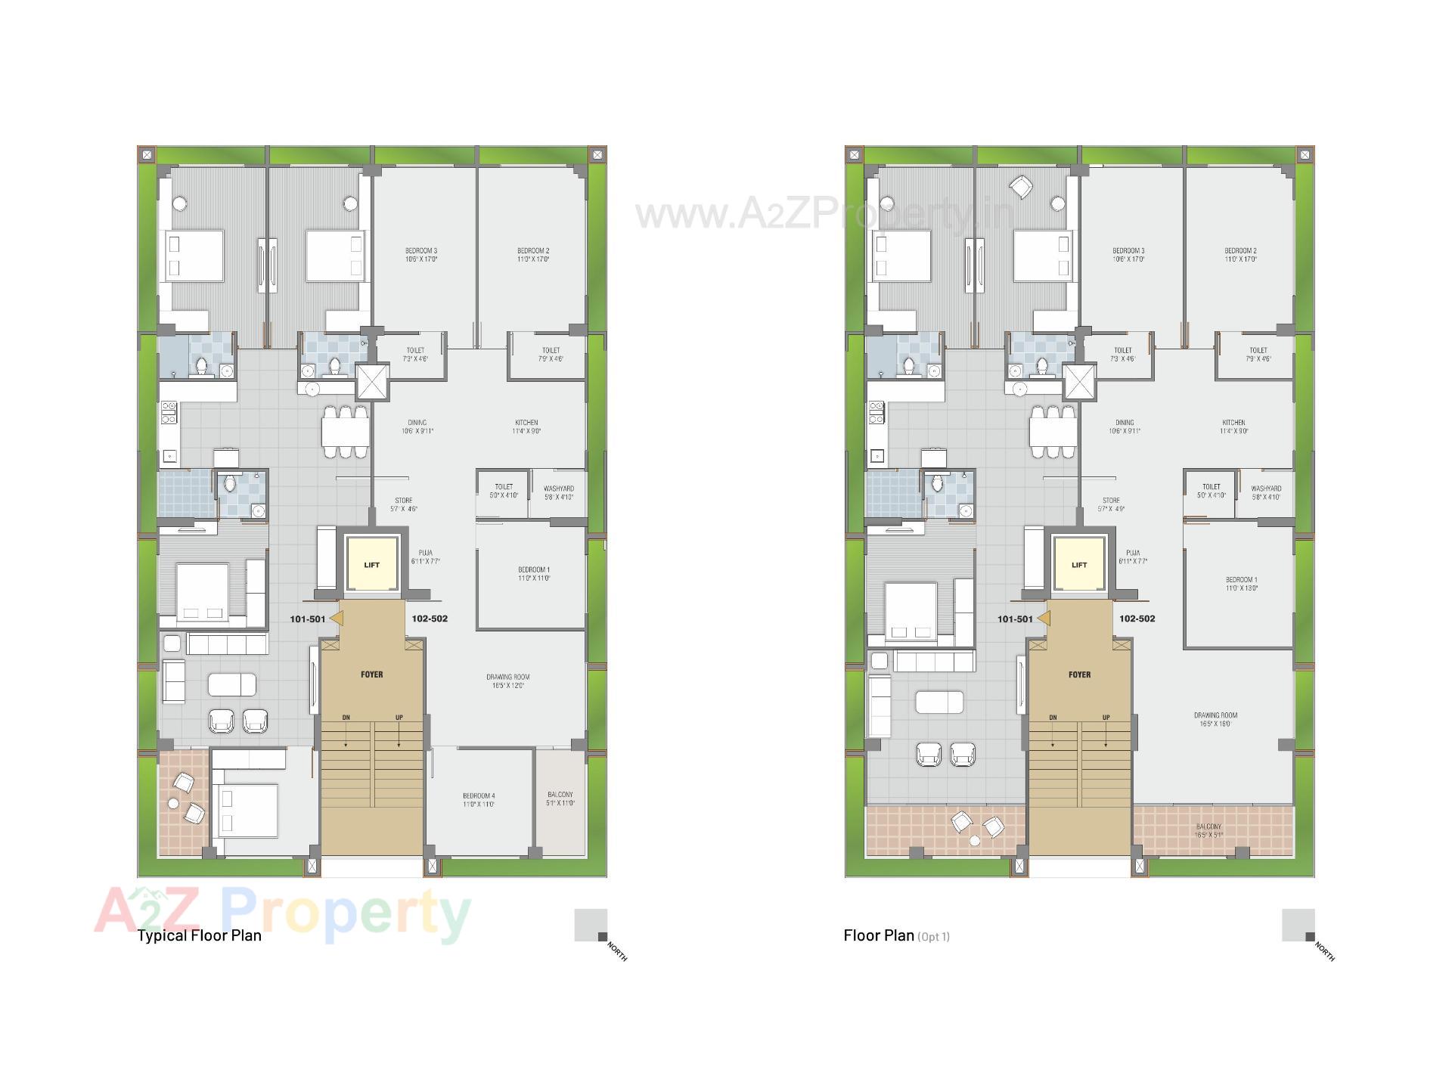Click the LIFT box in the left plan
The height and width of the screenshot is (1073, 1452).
[x=371, y=565]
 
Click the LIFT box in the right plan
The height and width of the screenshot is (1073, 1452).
[x=1079, y=565]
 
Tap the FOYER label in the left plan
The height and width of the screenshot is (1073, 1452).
[x=371, y=675]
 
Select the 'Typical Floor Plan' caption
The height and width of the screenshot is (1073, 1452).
[x=199, y=935]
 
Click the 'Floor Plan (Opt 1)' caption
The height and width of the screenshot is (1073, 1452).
[x=896, y=935]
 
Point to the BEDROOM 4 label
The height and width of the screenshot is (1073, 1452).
[x=479, y=800]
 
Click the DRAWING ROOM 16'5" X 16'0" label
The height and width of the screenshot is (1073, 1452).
[x=1215, y=719]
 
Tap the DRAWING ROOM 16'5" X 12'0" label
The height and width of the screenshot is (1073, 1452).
[x=507, y=681]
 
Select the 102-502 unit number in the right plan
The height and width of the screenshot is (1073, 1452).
[x=1137, y=619]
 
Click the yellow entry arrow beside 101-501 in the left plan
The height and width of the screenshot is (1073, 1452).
[x=337, y=619]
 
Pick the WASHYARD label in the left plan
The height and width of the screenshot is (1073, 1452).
[x=559, y=492]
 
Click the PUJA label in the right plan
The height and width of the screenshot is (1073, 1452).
[x=1133, y=557]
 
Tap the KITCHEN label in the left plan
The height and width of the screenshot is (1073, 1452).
[x=526, y=426]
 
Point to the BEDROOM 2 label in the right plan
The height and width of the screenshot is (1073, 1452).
[x=1240, y=255]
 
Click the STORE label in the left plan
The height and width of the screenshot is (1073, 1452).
[x=404, y=504]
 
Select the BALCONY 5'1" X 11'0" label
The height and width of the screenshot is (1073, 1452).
[x=560, y=799]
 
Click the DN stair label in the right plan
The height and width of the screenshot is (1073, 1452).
[x=1053, y=718]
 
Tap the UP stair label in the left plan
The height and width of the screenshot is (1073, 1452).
[x=399, y=718]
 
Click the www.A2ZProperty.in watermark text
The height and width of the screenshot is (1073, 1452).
[x=824, y=213]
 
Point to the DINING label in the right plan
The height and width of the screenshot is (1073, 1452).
[x=1125, y=426]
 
